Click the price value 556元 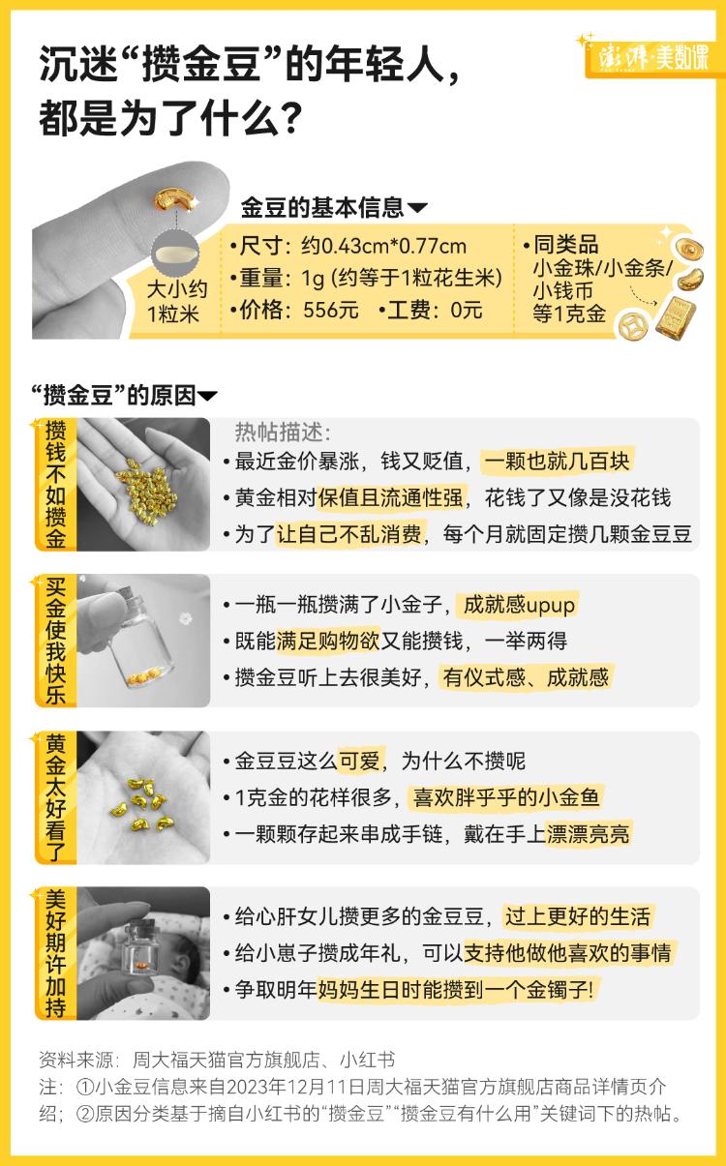click(331, 311)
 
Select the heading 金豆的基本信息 click(322, 208)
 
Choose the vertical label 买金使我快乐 click(56, 641)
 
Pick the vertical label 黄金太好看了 click(56, 797)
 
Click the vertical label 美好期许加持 click(56, 954)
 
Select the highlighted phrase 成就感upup click(519, 606)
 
